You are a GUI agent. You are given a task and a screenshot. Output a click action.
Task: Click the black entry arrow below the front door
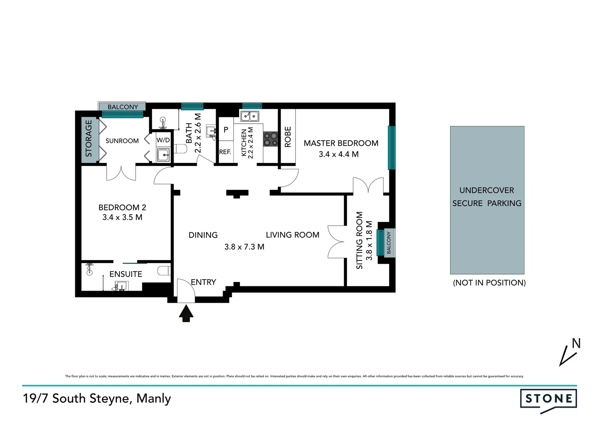coord(186,314)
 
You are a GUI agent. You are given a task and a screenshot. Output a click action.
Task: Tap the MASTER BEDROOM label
coord(341,143)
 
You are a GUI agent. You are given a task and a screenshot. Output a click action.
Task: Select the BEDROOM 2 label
coord(122,208)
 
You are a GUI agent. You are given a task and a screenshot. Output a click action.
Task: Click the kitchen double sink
coord(250,116)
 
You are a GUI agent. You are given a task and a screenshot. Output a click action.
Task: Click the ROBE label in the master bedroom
coord(288,137)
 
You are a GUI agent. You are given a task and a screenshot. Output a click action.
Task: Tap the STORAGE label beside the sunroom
coord(89,138)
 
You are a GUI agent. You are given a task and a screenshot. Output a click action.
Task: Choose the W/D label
coord(163,140)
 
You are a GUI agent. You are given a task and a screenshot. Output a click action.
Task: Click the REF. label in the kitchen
coord(225,152)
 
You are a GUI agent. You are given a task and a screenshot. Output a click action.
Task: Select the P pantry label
coord(226,130)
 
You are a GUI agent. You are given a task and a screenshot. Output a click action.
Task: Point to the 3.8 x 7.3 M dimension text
coord(244,247)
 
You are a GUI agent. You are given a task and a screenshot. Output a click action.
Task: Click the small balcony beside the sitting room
coord(388,242)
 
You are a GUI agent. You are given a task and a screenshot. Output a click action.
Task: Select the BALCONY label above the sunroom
coord(123,107)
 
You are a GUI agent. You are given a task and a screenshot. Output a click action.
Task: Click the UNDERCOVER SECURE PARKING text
coord(486,197)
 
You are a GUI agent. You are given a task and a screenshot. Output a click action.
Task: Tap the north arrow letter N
coord(576,343)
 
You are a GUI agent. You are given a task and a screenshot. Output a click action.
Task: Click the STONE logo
coord(548,399)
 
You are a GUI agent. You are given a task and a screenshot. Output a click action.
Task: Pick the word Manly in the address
coord(154,398)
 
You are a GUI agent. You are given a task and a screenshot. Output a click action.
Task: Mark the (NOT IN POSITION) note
coord(489,283)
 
